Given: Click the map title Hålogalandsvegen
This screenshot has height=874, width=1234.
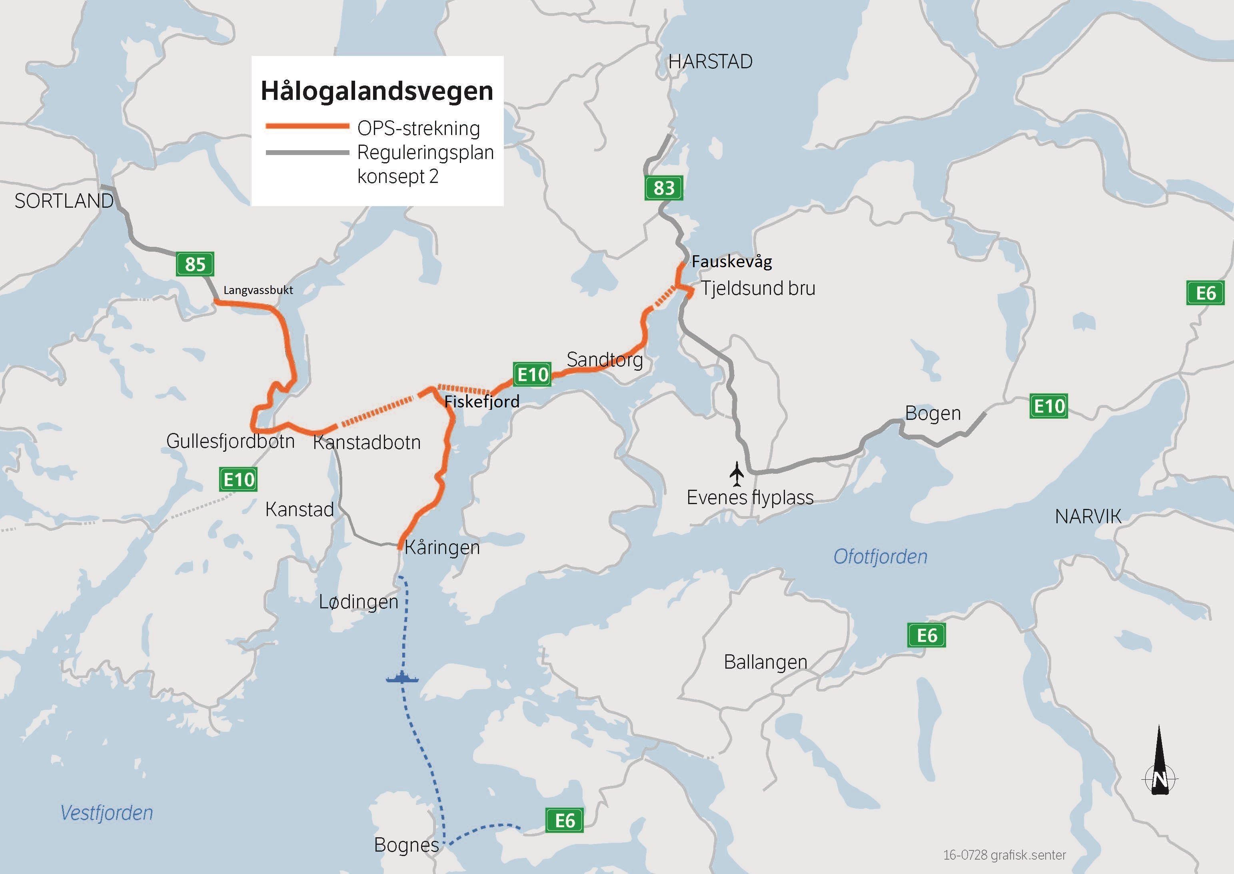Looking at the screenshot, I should point(377,91).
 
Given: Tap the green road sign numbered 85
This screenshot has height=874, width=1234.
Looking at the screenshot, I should point(195,264).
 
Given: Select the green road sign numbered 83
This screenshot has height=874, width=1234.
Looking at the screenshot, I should point(664,188).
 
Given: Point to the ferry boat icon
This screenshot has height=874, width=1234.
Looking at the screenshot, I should point(402,677).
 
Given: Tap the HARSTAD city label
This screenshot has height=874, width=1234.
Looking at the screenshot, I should point(710,62).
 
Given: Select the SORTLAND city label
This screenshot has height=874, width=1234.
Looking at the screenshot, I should point(64,201).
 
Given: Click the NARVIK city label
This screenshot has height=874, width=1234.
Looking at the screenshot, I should point(1088,516).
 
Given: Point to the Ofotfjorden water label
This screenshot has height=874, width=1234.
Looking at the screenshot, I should point(880,556).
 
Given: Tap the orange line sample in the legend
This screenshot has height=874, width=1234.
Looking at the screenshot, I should point(307,127).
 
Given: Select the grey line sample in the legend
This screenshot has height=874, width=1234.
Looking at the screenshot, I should point(307,153).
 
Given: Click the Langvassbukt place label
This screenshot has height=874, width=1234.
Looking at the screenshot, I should point(258,290).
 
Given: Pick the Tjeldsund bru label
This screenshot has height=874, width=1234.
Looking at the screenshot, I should point(757,288).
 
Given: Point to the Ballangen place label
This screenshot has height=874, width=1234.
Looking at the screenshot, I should point(765,662).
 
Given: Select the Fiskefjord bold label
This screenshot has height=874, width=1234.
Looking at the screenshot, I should point(481,401).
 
